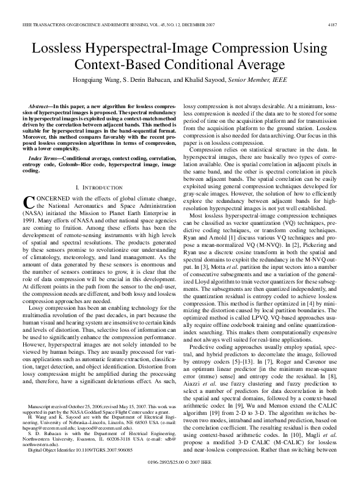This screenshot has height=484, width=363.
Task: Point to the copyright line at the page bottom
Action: pyautogui.click(x=181, y=472)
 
